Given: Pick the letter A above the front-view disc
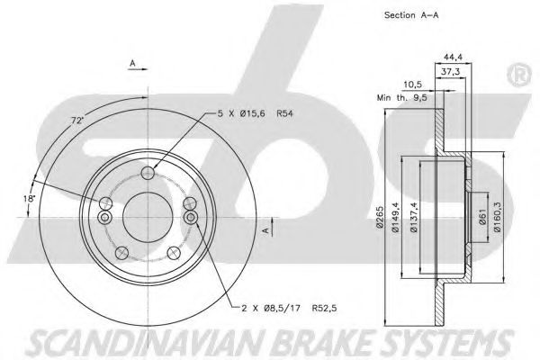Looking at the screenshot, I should [133, 64].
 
